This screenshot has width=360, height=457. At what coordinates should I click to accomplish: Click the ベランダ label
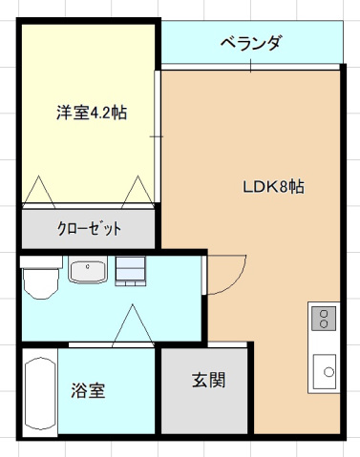tap(251, 43)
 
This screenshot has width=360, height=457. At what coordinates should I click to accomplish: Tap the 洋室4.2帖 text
tap(90, 113)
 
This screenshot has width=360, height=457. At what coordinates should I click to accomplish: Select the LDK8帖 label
tap(272, 186)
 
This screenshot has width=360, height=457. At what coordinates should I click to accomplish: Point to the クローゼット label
tap(90, 229)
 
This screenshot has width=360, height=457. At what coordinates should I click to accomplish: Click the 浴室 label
tap(88, 390)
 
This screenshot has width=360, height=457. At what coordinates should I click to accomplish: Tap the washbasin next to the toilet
tap(89, 272)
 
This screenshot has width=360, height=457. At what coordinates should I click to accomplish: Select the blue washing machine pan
tap(131, 272)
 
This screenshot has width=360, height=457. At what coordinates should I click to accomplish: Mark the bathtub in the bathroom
tap(39, 394)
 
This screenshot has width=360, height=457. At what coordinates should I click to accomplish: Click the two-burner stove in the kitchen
tap(324, 317)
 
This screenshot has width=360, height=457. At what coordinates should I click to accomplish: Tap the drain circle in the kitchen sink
tap(328, 371)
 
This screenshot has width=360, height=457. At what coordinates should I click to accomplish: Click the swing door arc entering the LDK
tap(222, 278)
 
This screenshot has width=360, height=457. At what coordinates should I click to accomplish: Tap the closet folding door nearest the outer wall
tap(41, 191)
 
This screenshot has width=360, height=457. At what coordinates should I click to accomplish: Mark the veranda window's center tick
tap(251, 65)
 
